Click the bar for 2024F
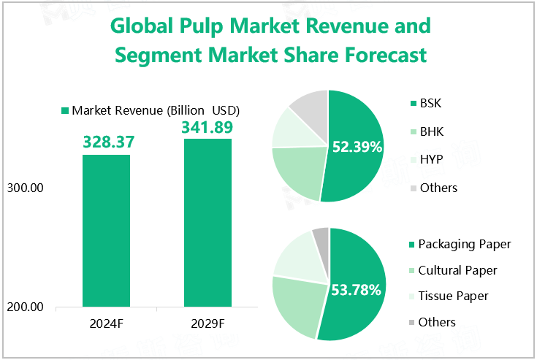(x=106, y=230)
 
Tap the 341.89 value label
(x=207, y=127)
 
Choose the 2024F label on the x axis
(x=106, y=323)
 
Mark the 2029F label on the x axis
(x=207, y=323)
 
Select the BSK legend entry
(x=430, y=103)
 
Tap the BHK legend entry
(x=431, y=131)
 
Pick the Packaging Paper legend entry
(x=465, y=243)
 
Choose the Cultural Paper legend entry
(x=457, y=270)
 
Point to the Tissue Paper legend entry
(x=454, y=296)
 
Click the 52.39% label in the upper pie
(x=357, y=147)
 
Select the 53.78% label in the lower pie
(x=357, y=290)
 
